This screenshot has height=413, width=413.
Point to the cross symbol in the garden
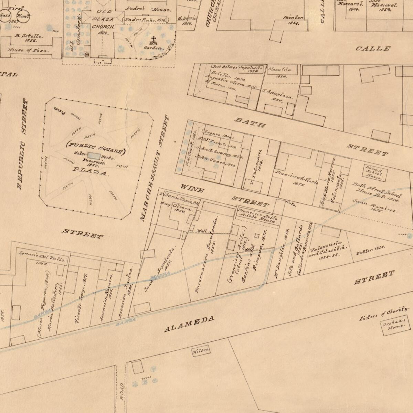click(153, 39)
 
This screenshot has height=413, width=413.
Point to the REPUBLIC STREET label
click(23, 144)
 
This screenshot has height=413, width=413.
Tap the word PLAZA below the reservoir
click(90, 170)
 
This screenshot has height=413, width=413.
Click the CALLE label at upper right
click(373, 49)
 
